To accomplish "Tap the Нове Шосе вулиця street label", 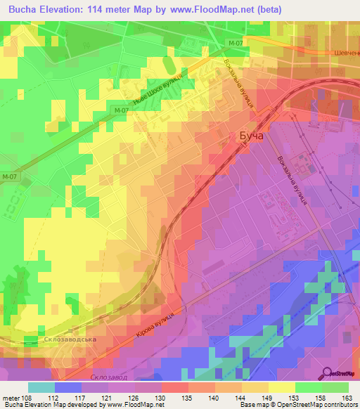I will tap(168, 89).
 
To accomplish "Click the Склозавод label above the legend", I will tap(109, 377).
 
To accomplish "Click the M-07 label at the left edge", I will tap(9, 176).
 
